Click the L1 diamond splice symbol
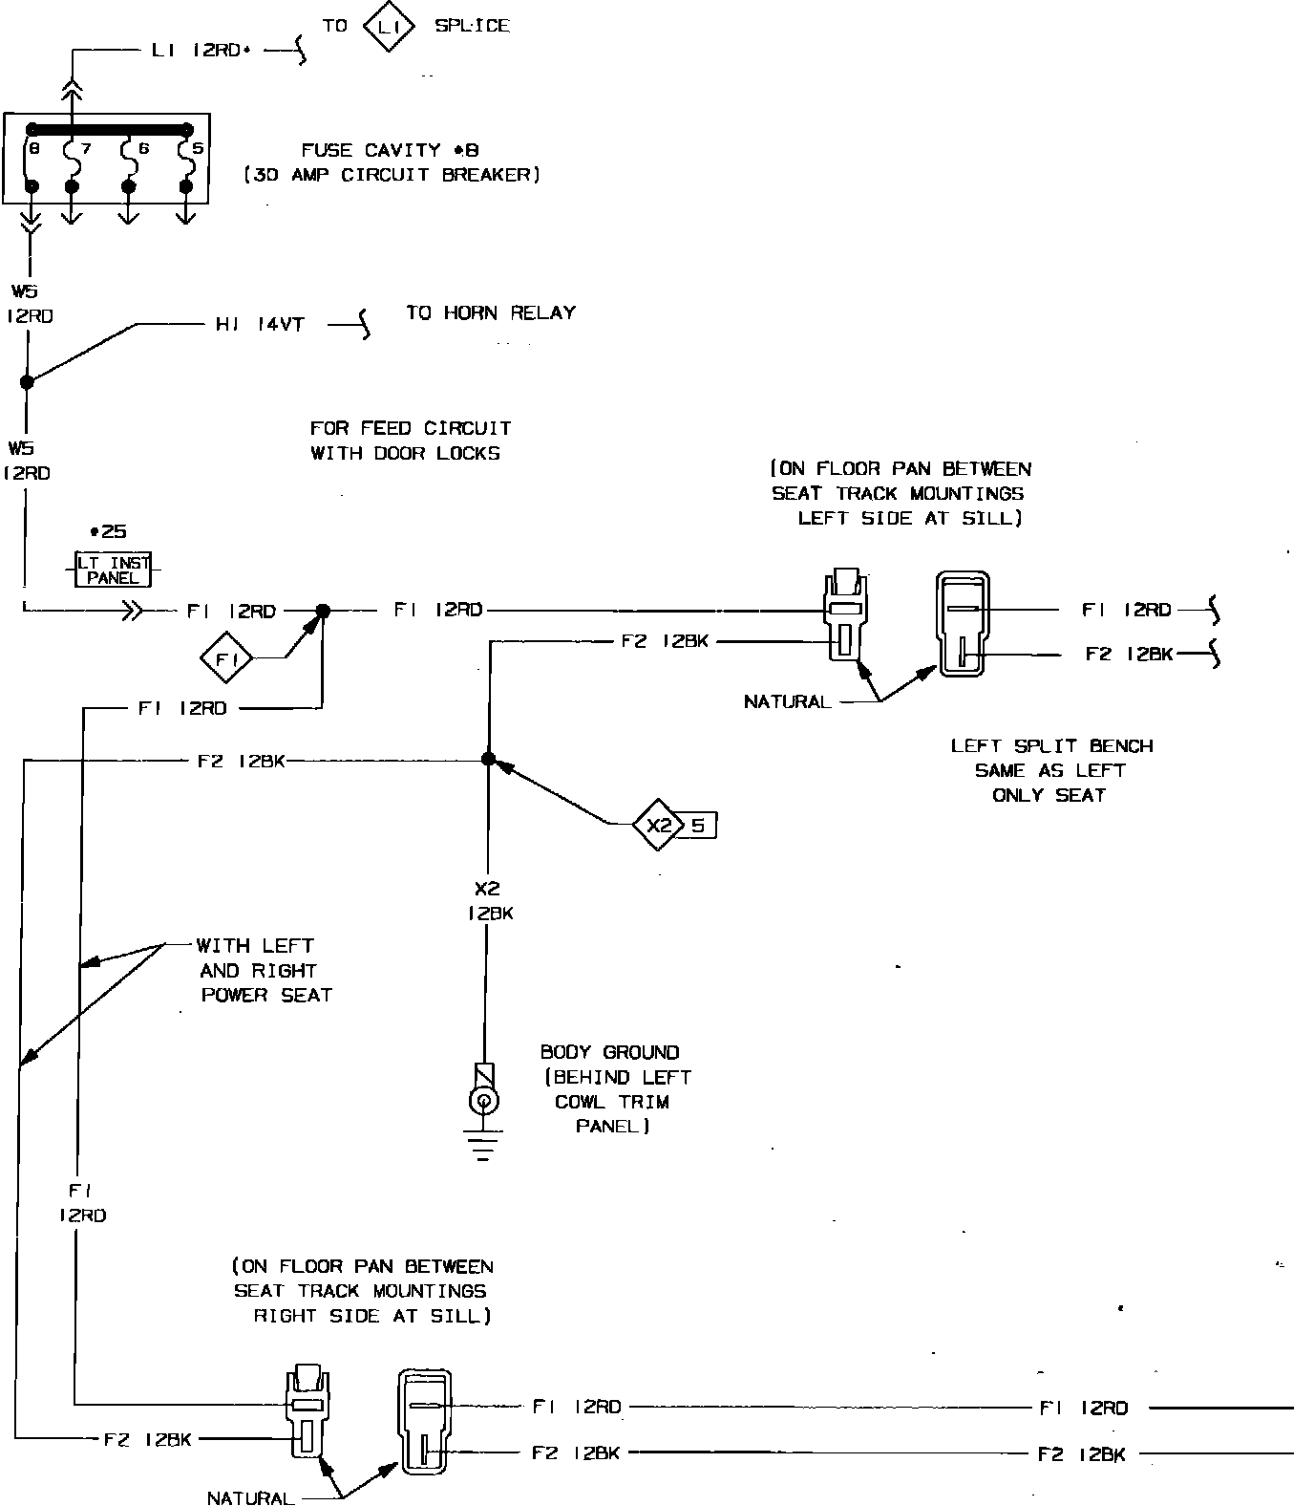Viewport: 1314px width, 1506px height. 388,28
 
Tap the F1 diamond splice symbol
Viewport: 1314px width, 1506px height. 225,658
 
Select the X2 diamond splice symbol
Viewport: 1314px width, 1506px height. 659,823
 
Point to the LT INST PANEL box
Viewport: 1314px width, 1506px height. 113,570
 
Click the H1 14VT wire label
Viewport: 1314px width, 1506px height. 260,325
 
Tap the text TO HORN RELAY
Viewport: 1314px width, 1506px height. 491,312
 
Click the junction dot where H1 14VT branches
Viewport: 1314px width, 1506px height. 27,381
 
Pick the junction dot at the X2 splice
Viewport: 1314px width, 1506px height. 488,759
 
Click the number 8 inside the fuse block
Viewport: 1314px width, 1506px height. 34,149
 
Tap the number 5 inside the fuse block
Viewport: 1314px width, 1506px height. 198,149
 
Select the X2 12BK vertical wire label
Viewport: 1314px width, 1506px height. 489,901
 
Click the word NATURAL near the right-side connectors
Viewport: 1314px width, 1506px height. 787,701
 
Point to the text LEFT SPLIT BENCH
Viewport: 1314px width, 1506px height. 1051,745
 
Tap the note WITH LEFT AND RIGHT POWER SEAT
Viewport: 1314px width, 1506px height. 265,970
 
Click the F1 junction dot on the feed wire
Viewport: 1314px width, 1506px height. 323,610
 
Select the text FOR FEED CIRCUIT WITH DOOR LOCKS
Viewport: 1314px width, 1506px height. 411,441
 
